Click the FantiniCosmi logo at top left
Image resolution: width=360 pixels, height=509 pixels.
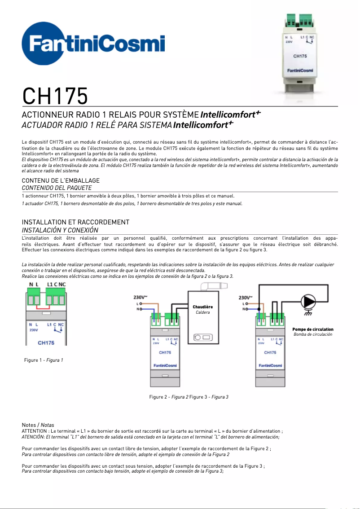pos(93,45)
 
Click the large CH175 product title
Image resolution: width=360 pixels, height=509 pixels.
pos(55,96)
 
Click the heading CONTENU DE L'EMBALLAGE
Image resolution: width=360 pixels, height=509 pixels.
pos(61,180)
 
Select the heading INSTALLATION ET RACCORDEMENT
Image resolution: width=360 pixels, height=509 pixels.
pos(75,222)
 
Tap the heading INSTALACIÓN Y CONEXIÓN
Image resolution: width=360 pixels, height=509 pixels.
pos(60,230)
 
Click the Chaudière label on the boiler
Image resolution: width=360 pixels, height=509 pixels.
pos(202,307)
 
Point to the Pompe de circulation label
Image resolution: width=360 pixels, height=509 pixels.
pos(312,329)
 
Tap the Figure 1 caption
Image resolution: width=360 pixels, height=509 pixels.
pos(44,360)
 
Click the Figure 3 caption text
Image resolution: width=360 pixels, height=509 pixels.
pos(209,397)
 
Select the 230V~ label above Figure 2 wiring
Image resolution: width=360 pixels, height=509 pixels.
pos(140,297)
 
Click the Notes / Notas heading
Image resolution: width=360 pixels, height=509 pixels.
pos(38,425)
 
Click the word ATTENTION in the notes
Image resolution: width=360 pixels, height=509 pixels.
pos(34,431)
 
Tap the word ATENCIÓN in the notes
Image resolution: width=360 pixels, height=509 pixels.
pos(34,436)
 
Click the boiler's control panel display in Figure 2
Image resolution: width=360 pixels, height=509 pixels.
pos(203,337)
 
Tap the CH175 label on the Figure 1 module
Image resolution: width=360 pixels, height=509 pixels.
pos(46,342)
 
